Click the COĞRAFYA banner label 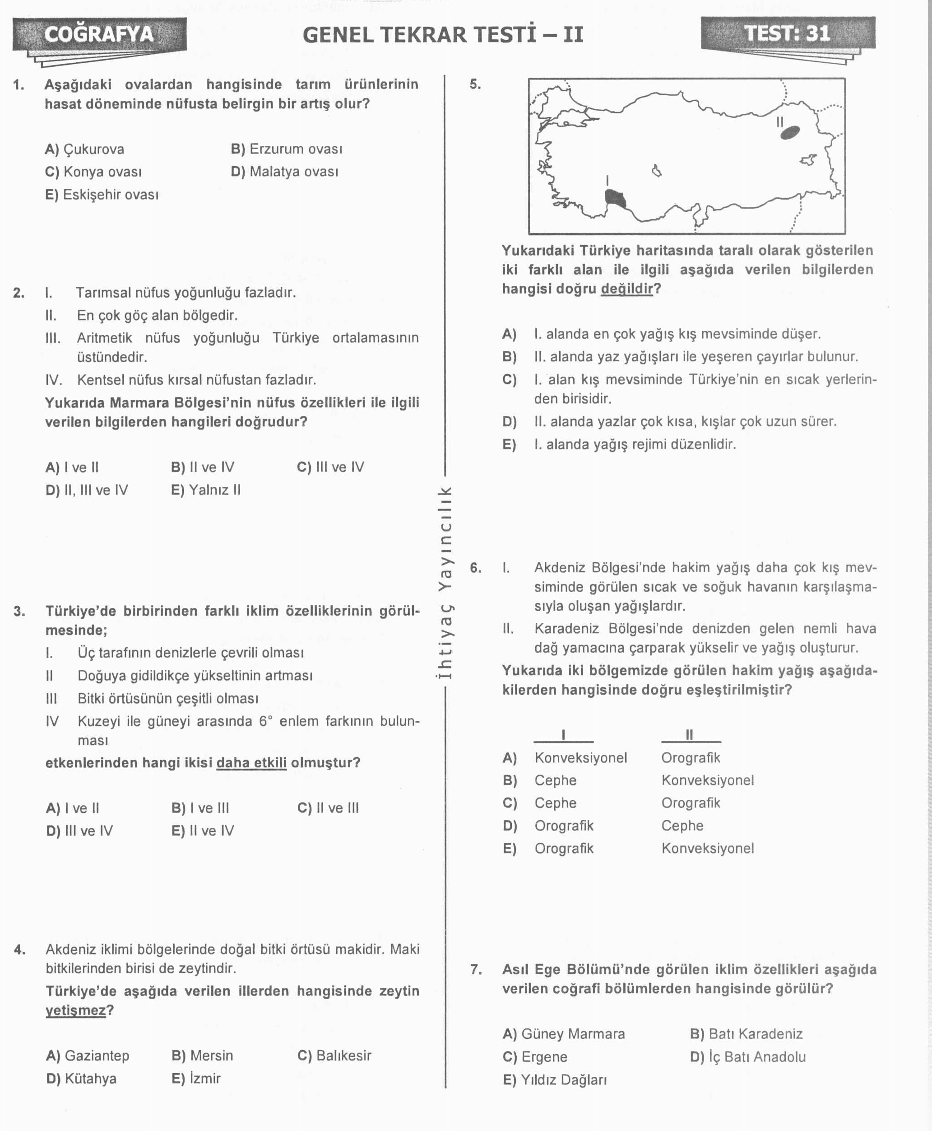[x=99, y=34]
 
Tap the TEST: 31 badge [x=787, y=33]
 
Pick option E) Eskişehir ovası [x=102, y=195]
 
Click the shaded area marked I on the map [x=615, y=199]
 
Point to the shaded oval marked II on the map [x=790, y=133]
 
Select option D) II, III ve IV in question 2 [x=87, y=490]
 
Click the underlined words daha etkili [x=251, y=763]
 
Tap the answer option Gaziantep [x=88, y=1055]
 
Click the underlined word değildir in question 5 [x=626, y=289]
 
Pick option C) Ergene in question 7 [x=535, y=1057]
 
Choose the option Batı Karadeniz [x=746, y=1034]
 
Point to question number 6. [x=476, y=568]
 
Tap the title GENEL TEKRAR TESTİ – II [x=442, y=35]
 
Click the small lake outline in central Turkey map [x=656, y=171]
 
